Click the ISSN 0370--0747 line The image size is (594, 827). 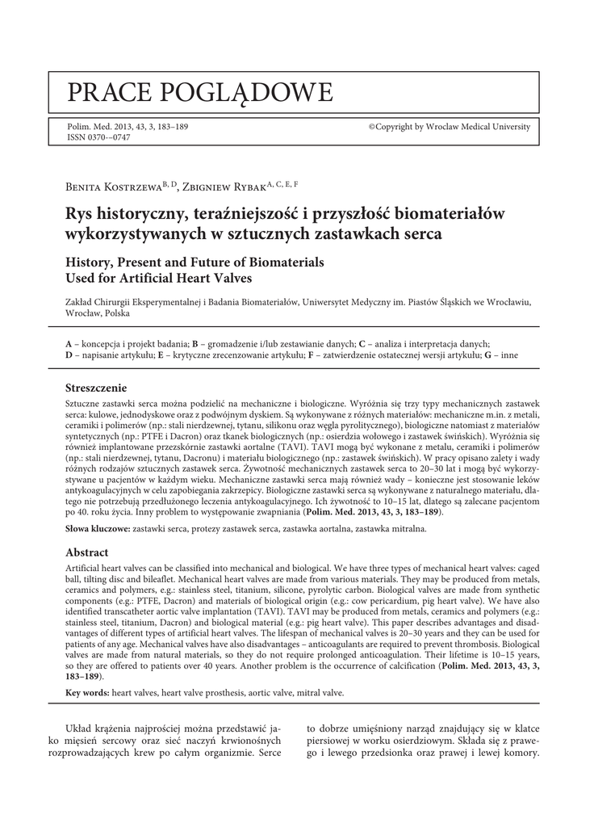[98, 137]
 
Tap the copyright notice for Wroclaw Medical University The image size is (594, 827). [450, 127]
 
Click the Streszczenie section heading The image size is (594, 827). [95, 388]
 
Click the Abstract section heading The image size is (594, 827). [86, 552]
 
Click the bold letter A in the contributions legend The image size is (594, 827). [69, 343]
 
